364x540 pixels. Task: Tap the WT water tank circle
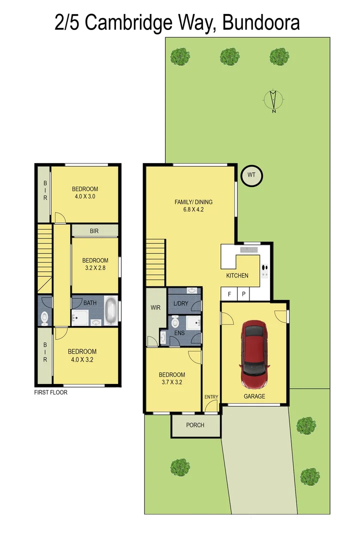(x=251, y=175)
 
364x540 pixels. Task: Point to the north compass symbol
(x=273, y=99)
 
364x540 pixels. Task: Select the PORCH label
(x=195, y=425)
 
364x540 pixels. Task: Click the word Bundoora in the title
(x=261, y=22)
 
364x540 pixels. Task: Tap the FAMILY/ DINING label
(x=193, y=202)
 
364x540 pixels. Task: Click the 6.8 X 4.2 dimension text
(x=193, y=209)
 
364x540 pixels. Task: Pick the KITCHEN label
(x=237, y=275)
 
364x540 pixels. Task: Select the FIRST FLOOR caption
(x=50, y=392)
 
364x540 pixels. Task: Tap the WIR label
(x=155, y=307)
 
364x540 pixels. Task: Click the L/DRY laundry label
(x=180, y=304)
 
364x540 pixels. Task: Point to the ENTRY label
(x=211, y=397)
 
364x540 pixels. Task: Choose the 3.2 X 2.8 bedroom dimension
(x=95, y=268)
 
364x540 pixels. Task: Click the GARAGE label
(x=254, y=396)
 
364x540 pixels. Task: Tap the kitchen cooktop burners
(x=264, y=270)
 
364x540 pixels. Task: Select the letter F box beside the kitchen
(x=229, y=294)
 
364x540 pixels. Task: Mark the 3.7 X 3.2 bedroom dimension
(x=171, y=382)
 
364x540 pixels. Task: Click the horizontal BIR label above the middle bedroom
(x=94, y=231)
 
